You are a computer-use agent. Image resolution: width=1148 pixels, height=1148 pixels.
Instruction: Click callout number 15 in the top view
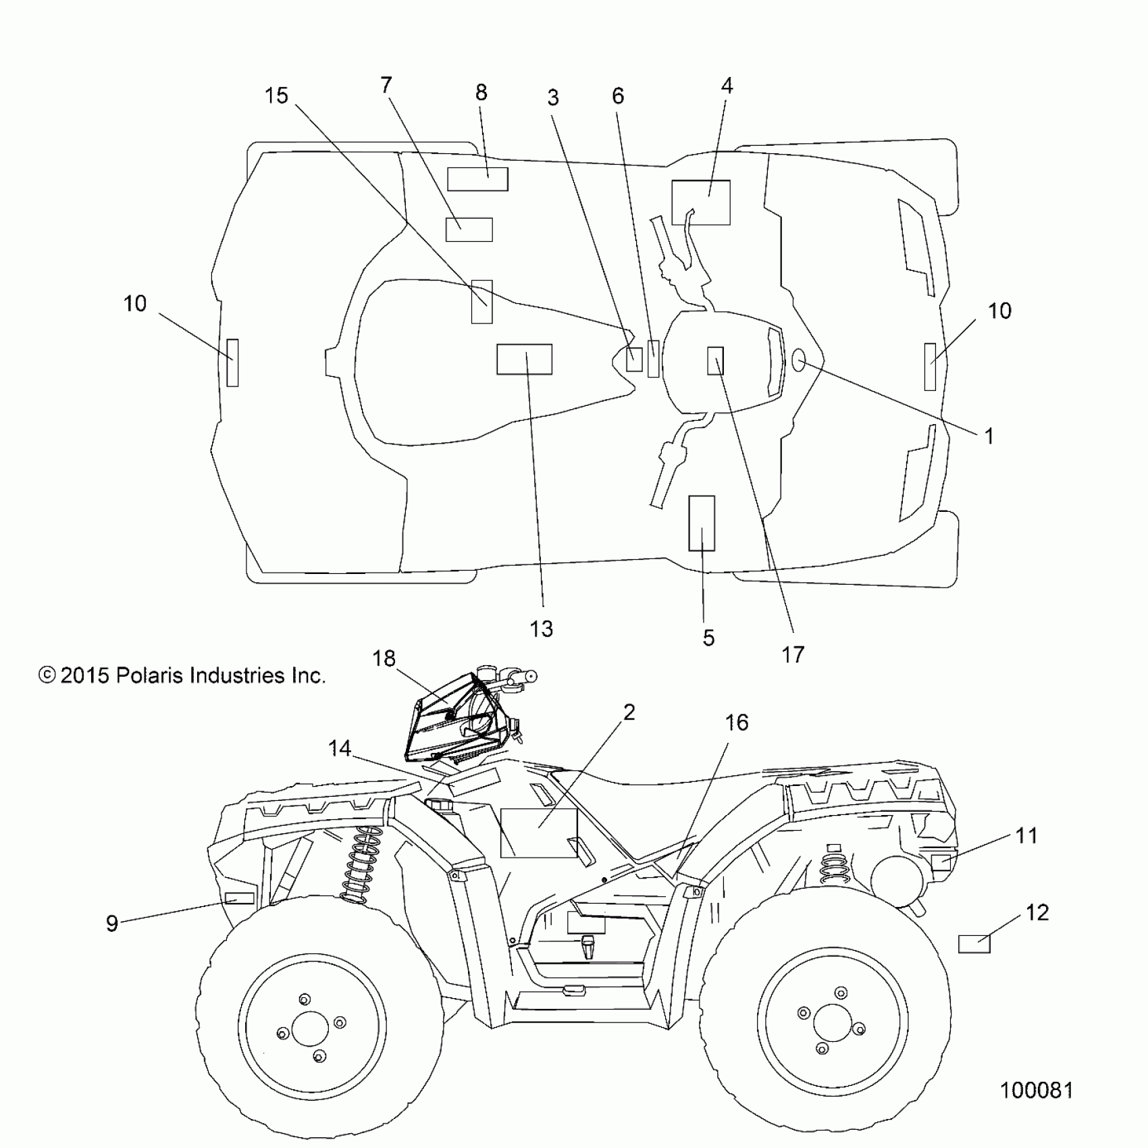coord(276,96)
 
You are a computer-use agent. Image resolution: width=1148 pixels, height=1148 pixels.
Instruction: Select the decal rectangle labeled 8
coord(477,179)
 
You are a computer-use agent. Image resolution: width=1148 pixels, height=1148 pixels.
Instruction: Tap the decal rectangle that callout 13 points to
coord(524,359)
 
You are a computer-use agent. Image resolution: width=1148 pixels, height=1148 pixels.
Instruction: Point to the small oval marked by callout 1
coord(798,361)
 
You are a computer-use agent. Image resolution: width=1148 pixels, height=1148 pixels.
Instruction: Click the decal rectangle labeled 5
coord(702,523)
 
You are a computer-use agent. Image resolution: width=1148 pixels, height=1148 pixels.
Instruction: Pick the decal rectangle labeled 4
coord(701,202)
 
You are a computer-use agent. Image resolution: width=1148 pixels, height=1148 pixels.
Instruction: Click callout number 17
coord(793,654)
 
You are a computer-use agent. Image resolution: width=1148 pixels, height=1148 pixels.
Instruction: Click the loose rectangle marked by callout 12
coord(974,943)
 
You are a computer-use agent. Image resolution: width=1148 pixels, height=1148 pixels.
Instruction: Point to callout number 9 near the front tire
coord(112,923)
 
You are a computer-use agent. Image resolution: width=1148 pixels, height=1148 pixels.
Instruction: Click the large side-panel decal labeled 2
coord(539,833)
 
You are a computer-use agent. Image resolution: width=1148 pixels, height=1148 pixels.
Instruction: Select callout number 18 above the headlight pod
coord(384,658)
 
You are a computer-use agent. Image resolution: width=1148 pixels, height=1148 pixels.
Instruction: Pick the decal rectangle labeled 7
coord(469,230)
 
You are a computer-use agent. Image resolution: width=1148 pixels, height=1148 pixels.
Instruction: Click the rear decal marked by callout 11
coord(941,862)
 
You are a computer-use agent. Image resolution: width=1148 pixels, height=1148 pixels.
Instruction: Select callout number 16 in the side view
coord(736,723)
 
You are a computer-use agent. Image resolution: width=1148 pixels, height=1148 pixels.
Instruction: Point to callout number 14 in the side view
coord(340,748)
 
